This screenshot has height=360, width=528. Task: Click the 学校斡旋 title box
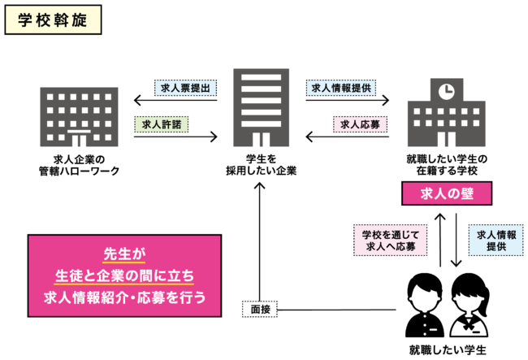tap(53, 22)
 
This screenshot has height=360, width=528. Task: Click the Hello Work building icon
tap(78, 114)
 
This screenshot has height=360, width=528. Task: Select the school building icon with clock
tap(445, 114)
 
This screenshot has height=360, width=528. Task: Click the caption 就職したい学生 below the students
tap(448, 349)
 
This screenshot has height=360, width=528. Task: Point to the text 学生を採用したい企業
tap(261, 164)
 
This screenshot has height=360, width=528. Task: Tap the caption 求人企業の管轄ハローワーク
tap(78, 164)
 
